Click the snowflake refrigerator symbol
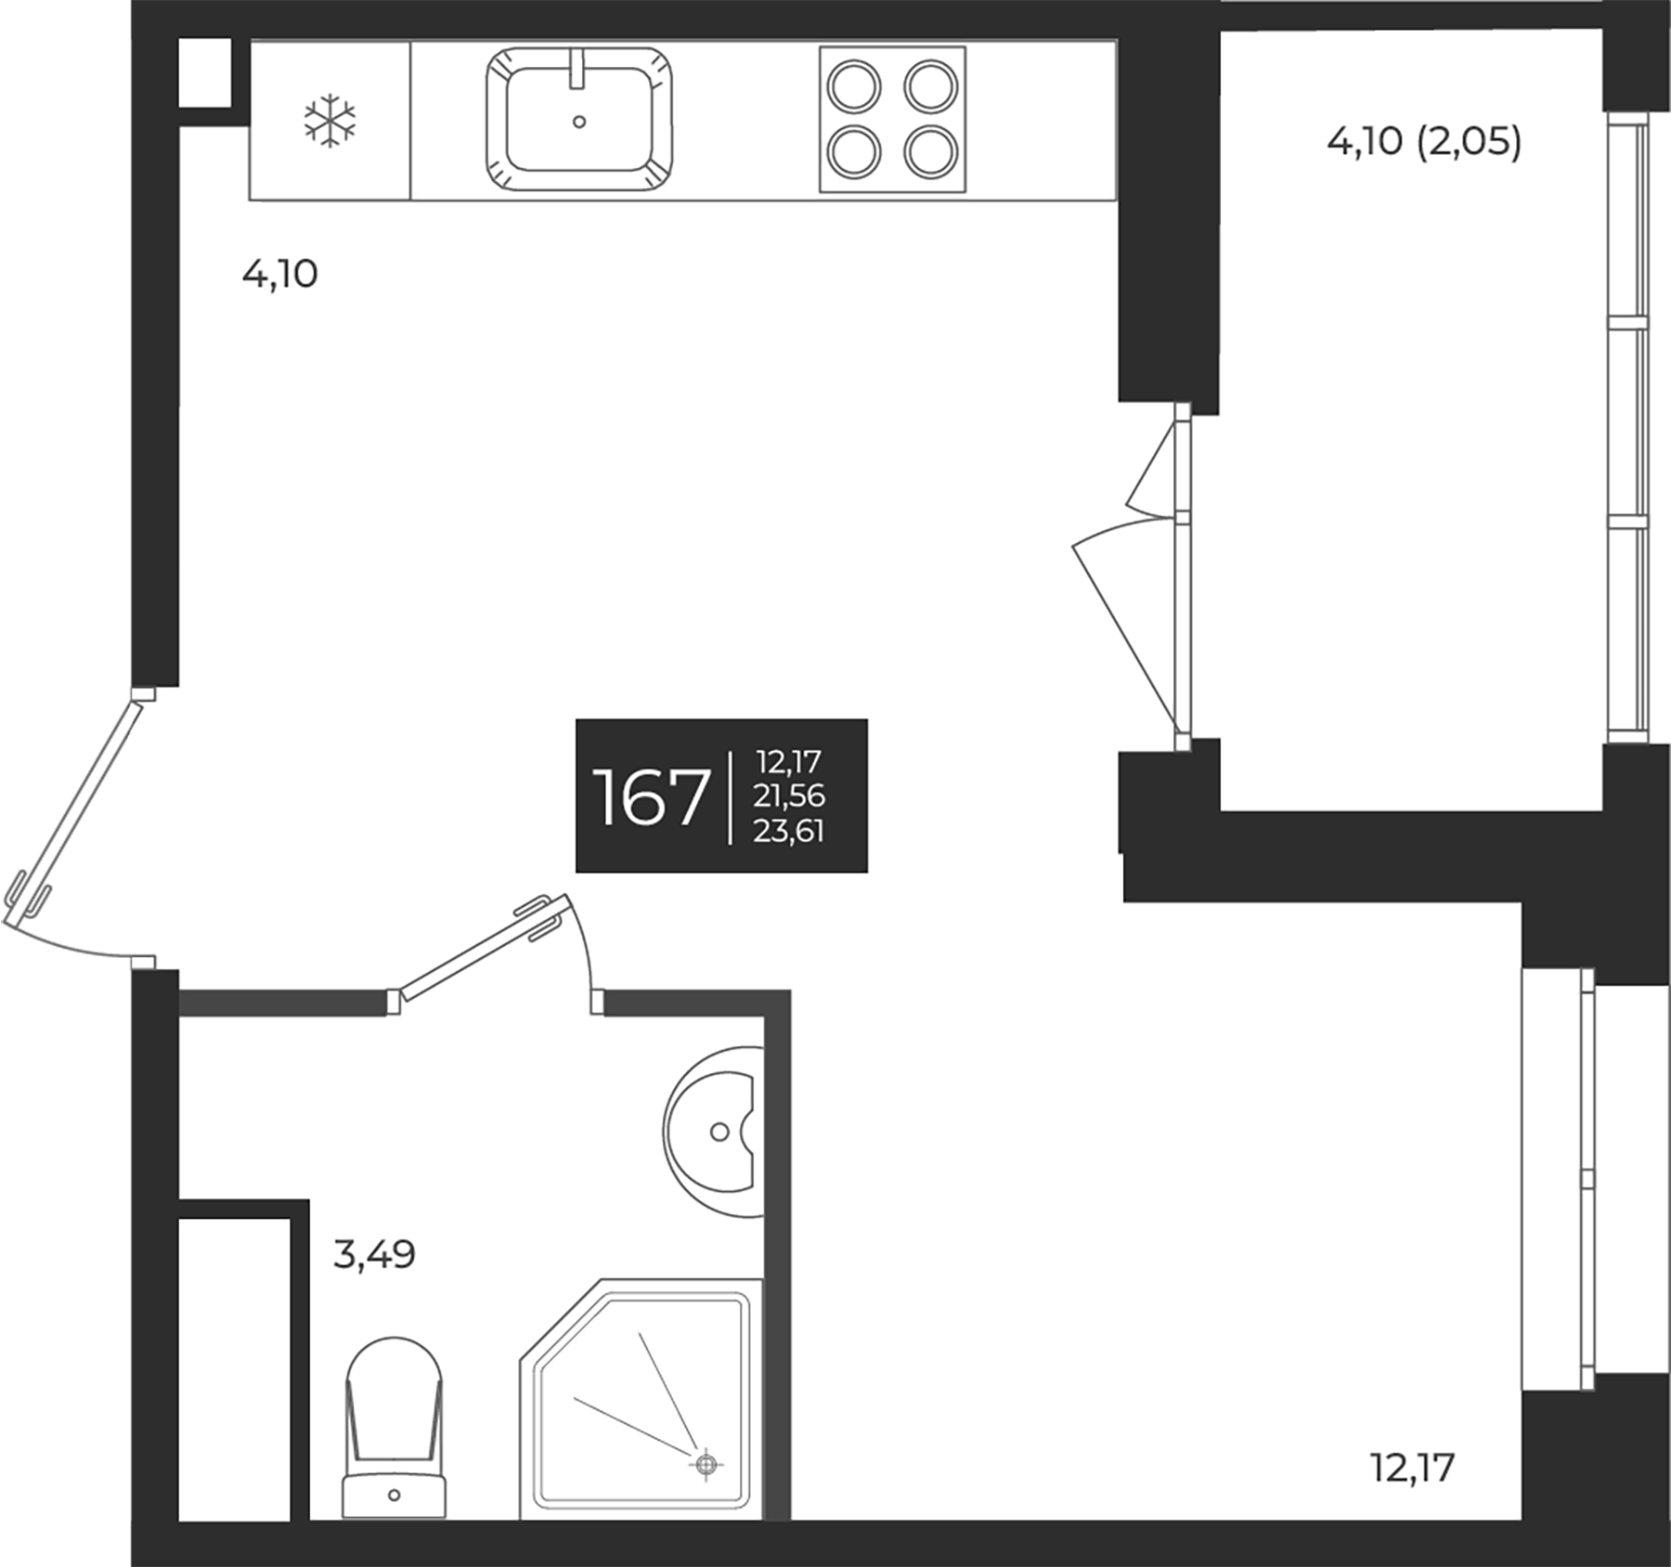[330, 120]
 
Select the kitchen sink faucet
[578, 69]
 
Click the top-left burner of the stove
[853, 87]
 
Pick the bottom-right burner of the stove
[931, 152]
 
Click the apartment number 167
[650, 797]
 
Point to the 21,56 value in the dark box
[789, 796]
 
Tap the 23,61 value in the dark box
[789, 831]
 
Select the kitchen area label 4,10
[279, 275]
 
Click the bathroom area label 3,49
[373, 1256]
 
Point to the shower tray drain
[706, 1465]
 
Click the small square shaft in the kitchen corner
[203, 71]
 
